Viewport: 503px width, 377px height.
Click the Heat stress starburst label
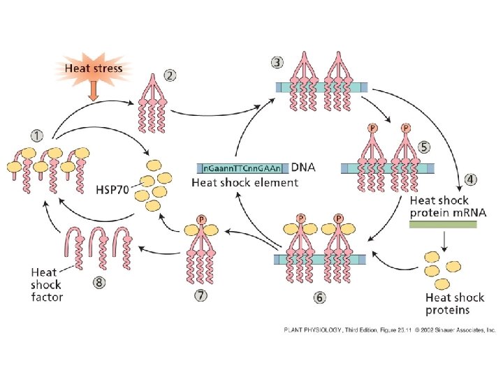[x=94, y=68]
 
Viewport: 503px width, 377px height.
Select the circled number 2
[x=170, y=74]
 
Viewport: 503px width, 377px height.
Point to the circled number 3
[x=277, y=61]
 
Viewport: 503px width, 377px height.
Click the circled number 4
[x=472, y=179]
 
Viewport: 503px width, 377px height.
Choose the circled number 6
[x=319, y=297]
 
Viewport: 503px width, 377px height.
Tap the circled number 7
[x=201, y=296]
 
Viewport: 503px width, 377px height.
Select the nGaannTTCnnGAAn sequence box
[x=242, y=168]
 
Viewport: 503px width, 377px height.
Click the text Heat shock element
[x=245, y=183]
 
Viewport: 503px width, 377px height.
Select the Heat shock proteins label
[x=448, y=304]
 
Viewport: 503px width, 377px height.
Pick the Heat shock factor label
[x=47, y=284]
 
